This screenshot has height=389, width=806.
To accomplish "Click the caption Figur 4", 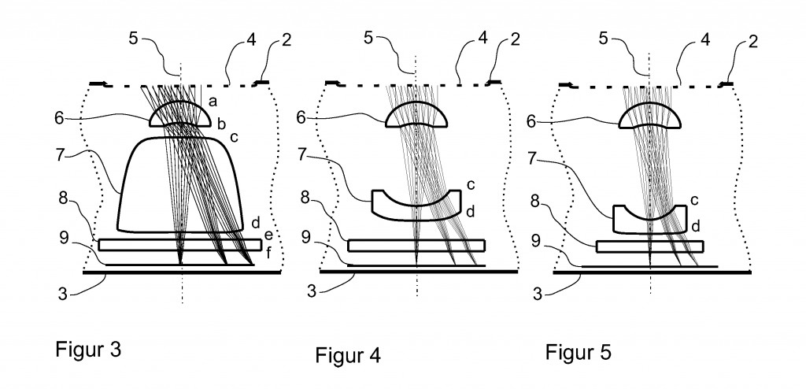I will point(348,354).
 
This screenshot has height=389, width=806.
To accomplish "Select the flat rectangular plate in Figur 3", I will point(179,245).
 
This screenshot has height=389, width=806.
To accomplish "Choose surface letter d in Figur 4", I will point(470,211).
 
